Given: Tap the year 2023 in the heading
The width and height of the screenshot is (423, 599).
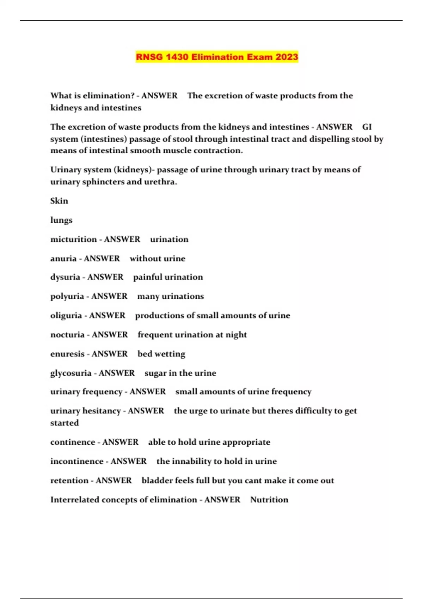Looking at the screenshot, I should [x=287, y=57].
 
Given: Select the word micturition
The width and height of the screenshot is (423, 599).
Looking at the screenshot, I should [x=73, y=239].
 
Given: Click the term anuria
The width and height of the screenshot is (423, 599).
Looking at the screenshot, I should [x=63, y=259].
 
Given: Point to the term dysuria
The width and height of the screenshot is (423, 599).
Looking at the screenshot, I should [x=65, y=277].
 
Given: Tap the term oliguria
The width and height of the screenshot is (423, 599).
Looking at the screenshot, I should [x=66, y=316].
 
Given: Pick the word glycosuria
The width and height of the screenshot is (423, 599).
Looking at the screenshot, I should [x=71, y=373].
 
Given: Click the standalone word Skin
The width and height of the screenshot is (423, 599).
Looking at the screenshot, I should [x=59, y=201].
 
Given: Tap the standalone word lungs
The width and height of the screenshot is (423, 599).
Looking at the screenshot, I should [x=61, y=220].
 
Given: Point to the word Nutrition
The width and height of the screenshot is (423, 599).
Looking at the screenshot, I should [x=269, y=500].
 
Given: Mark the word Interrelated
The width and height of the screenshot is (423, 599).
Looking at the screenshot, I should [x=75, y=500].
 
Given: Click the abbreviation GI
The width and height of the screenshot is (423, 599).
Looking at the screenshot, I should [x=367, y=127].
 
